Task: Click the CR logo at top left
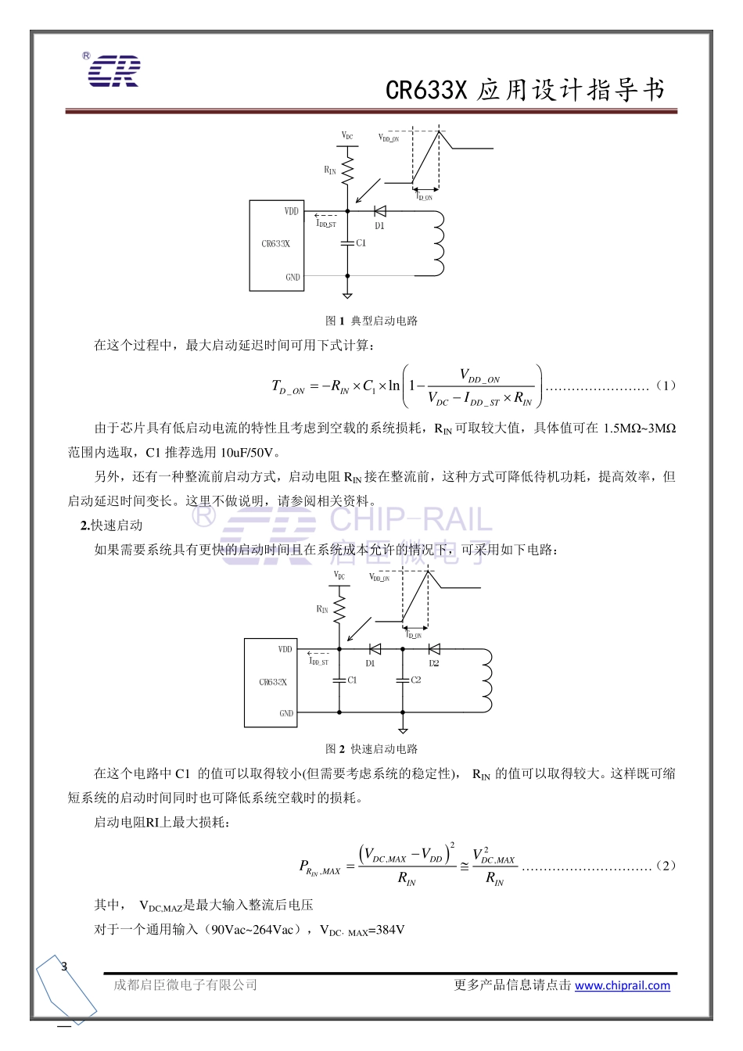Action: [x=113, y=70]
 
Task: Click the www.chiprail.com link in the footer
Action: [x=623, y=985]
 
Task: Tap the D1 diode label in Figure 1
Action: [x=379, y=226]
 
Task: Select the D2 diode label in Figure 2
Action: [x=434, y=663]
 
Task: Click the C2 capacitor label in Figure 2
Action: [x=416, y=680]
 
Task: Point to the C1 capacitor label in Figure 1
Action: [x=361, y=243]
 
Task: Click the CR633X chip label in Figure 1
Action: [x=275, y=244]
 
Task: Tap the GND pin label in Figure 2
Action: [x=286, y=713]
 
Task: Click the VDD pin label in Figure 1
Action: [x=291, y=211]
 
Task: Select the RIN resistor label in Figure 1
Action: [x=330, y=170]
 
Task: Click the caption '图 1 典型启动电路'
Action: [x=371, y=321]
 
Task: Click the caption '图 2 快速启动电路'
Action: [x=371, y=749]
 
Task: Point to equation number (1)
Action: [x=666, y=386]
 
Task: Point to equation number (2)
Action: [x=666, y=866]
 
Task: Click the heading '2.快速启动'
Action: [x=111, y=525]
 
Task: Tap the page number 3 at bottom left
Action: [x=64, y=967]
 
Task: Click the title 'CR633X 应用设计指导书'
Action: [x=525, y=91]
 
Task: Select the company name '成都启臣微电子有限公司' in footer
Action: [x=185, y=985]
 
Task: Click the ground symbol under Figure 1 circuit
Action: [x=347, y=294]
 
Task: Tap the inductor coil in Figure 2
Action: [x=486, y=680]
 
